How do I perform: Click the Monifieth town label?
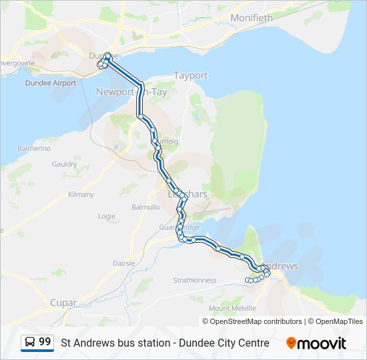251,18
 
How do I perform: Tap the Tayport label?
190,76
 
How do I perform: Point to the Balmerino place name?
35,148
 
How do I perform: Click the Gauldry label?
64,164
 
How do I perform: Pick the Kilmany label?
81,195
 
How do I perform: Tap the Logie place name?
107,217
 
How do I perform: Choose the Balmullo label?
145,207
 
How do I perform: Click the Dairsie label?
124,263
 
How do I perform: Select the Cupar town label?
64,303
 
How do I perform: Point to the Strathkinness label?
195,280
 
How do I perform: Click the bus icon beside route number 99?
30,343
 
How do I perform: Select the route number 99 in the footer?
45,343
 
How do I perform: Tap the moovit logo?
316,343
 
